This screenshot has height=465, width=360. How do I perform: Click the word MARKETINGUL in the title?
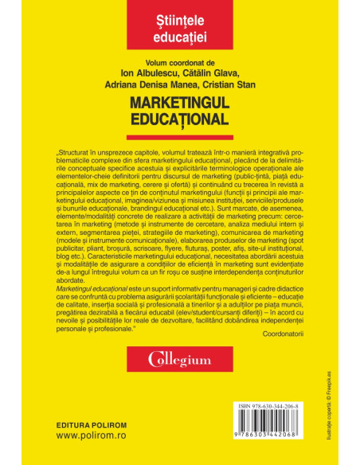(x=180, y=104)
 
